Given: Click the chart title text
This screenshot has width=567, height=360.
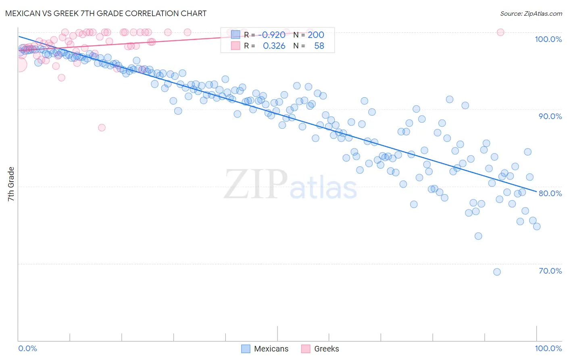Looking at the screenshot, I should pos(106,13).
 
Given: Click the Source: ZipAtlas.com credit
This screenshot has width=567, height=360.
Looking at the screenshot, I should pos(531,13).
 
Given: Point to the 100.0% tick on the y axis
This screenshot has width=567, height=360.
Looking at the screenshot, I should pos(548,39).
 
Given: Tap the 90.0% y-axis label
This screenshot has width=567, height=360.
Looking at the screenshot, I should pos(550,116).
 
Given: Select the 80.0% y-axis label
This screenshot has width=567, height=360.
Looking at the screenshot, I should pos(550,193).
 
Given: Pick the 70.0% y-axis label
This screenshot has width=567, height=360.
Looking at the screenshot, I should pos(550,271).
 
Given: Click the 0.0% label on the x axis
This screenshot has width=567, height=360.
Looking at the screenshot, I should pos(28,348).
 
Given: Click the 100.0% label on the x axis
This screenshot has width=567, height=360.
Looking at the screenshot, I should pos(548,348).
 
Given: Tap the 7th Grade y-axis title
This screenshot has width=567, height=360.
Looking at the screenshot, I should pos(11,184).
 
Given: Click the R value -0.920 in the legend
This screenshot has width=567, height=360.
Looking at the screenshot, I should pos(273,35).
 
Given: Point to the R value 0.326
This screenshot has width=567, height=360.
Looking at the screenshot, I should pos(274,46).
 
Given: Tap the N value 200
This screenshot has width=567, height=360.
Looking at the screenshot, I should pos(316,35).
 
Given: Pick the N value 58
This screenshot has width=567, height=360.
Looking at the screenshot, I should pos(319,46).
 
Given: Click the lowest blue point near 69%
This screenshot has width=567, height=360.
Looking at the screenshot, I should pos(497,272).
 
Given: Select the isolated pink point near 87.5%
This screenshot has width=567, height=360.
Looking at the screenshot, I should pos(102,128).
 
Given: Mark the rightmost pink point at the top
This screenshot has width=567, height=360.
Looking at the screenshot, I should pos(500,32).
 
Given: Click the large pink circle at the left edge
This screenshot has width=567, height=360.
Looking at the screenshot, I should pos(19,64).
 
